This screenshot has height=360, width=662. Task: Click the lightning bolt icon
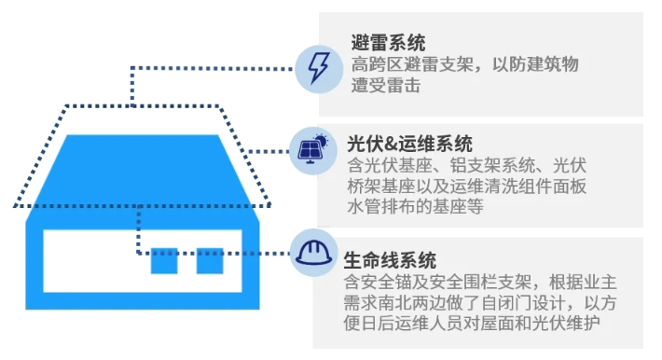pos(318,69)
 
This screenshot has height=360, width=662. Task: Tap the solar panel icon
pos(313,149)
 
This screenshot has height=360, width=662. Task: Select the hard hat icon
pos(313,253)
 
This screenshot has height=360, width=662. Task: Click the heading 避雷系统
pos(388,43)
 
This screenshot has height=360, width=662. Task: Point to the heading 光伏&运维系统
pos(409,144)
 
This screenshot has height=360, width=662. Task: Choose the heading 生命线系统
pos(390,260)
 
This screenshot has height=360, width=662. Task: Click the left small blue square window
pos(164,261)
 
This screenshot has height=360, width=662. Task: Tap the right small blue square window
pos(210,261)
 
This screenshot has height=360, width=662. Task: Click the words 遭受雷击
pos(386,85)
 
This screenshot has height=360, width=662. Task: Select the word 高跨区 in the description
pos(377,64)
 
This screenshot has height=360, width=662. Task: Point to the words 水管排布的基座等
pos(415,207)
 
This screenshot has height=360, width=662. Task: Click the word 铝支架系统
pos(492,165)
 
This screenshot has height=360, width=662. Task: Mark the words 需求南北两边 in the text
pos(394,302)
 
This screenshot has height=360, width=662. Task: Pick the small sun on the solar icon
pos(322,141)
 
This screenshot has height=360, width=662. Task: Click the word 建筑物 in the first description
pos(553,64)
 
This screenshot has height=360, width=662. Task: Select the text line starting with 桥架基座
pos(467,186)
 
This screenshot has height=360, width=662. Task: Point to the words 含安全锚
pos(378,282)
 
